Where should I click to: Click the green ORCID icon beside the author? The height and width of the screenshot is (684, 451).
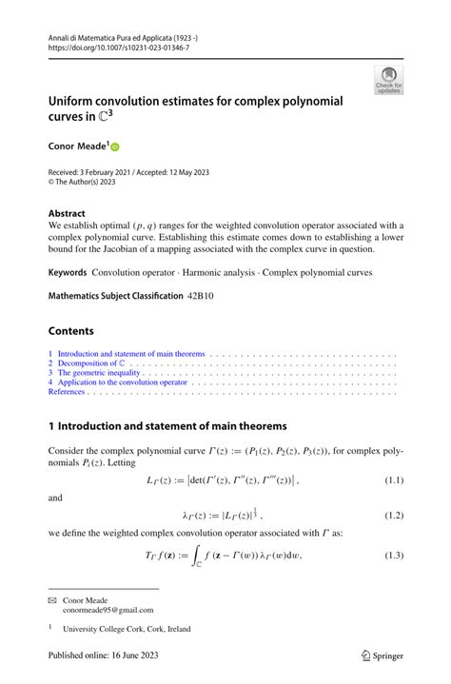pyautogui.click(x=117, y=147)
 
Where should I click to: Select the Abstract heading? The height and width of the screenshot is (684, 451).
pyautogui.click(x=69, y=213)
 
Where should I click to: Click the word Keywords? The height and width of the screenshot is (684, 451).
pyautogui.click(x=68, y=272)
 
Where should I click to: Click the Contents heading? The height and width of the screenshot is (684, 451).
pyautogui.click(x=71, y=331)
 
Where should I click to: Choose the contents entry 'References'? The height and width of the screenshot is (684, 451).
pyautogui.click(x=67, y=391)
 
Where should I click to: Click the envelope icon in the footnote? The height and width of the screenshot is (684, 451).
pyautogui.click(x=53, y=600)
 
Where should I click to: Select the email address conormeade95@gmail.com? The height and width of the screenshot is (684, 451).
pyautogui.click(x=107, y=611)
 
